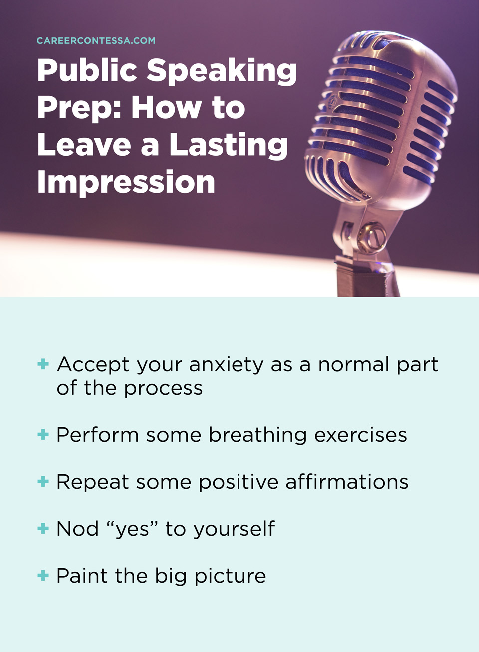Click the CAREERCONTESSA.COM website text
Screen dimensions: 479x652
click(96, 41)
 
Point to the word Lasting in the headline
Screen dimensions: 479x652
click(229, 146)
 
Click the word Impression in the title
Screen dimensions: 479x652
click(126, 183)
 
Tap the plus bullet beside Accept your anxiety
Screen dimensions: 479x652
click(43, 364)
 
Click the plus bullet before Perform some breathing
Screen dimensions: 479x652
click(43, 435)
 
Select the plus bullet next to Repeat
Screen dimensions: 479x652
click(43, 482)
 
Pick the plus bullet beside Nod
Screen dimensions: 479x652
click(43, 529)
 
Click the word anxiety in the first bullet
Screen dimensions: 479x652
click(226, 365)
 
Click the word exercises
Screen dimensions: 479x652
click(360, 435)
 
